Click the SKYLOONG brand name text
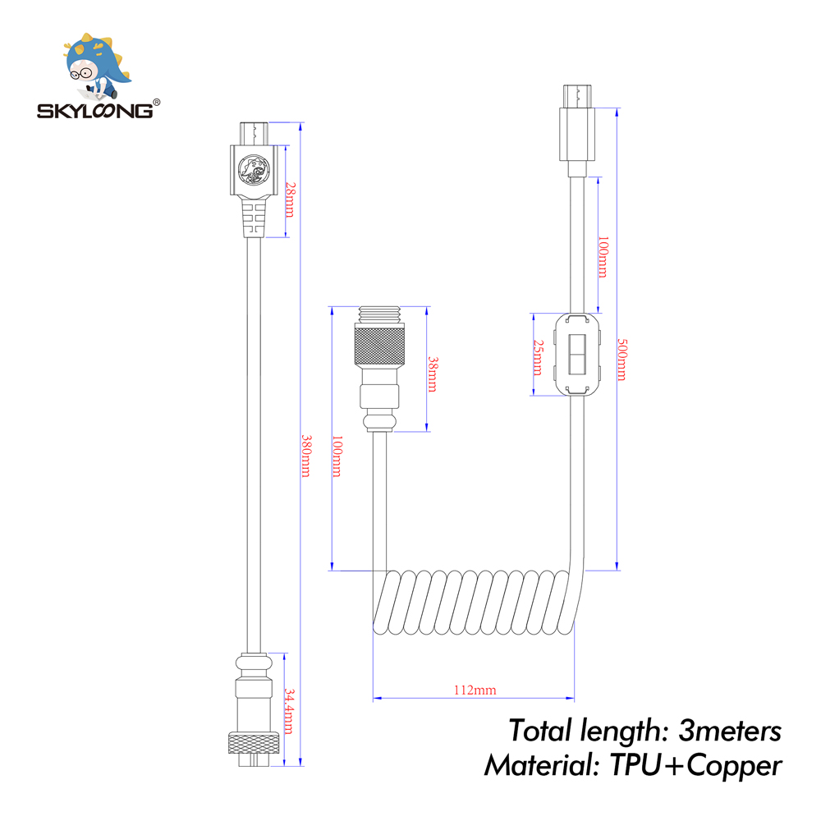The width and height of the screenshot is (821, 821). click(94, 110)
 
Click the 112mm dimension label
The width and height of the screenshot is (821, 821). click(476, 690)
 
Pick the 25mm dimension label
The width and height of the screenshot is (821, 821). click(538, 356)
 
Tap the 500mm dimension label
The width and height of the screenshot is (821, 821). click(621, 360)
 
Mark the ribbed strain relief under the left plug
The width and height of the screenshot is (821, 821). click(253, 218)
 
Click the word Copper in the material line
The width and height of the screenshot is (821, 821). click(733, 765)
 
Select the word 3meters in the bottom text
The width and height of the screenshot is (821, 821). click(729, 729)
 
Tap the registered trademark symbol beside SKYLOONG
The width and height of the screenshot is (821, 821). click(157, 103)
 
